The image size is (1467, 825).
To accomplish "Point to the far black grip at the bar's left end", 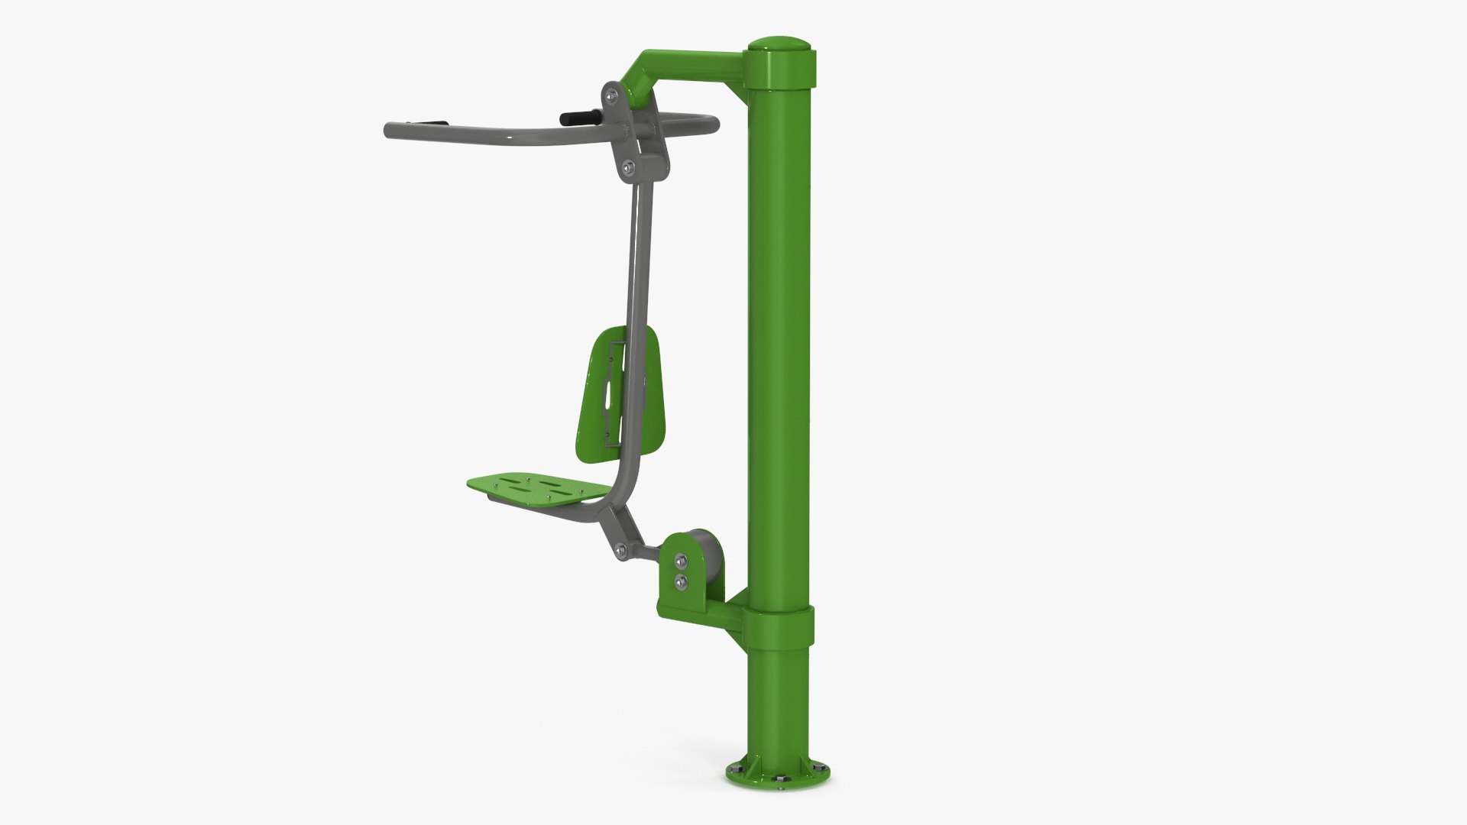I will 428,122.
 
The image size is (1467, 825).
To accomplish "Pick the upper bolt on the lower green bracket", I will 679,564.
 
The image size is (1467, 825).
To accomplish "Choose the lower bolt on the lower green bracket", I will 680,582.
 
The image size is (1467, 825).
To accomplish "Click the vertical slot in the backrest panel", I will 609,396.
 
